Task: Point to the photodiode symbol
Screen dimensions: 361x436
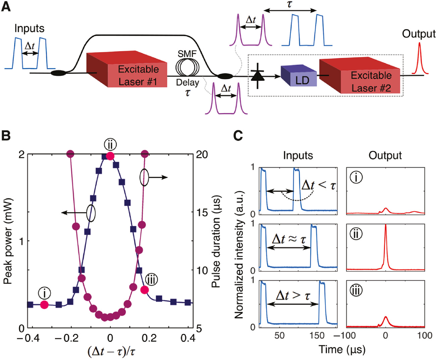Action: coord(258,76)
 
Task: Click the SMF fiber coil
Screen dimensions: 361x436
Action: coord(187,67)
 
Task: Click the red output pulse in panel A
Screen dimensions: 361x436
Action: coord(419,59)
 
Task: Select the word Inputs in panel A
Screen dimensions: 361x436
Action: coord(29,29)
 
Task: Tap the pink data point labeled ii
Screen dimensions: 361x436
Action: coord(110,156)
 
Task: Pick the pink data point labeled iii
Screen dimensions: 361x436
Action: coord(145,290)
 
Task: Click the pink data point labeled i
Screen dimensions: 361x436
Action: coord(44,305)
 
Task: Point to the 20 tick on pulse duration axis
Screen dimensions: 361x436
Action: coord(202,154)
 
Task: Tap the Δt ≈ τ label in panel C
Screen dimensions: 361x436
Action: coord(289,240)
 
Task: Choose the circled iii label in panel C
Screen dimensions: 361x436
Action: coord(356,290)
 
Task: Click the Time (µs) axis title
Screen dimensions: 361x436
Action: coord(342,350)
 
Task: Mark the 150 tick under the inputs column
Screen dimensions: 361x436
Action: coord(317,336)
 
